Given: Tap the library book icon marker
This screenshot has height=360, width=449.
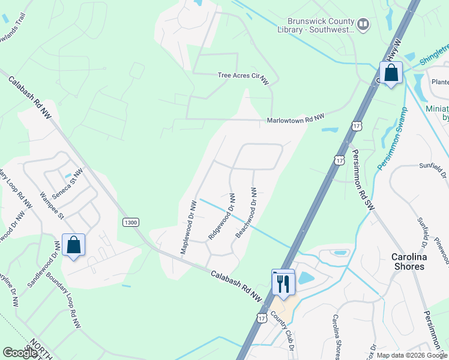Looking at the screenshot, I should pos(363,24).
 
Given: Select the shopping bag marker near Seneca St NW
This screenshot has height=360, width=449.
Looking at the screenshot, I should pos(73,245).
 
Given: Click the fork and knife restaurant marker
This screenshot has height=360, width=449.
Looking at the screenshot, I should pos(283,282).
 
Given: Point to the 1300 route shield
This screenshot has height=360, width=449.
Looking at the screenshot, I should pos(130,223).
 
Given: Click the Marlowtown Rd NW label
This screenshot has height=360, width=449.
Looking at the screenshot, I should pos(295,120).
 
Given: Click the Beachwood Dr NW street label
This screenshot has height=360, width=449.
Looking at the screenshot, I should pos(247,212).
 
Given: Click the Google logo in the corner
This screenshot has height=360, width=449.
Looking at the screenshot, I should pos(20,353).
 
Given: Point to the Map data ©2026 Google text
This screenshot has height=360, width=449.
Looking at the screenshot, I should pos(412,355).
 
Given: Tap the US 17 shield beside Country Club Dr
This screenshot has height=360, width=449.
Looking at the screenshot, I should pos(262,317).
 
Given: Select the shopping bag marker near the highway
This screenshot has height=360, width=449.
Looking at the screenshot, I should pos(391,74).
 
